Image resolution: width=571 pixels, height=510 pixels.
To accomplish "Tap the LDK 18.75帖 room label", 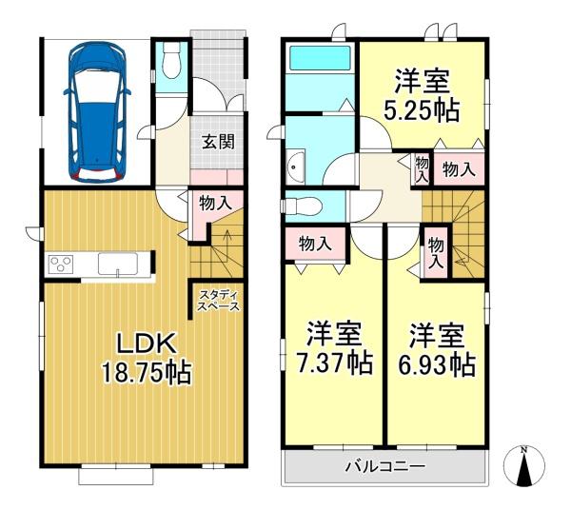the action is (147, 359).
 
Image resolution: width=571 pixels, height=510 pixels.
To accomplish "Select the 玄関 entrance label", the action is (218, 142).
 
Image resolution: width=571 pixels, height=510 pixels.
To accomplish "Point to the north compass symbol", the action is (524, 466).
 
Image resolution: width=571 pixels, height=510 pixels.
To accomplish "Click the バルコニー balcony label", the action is (384, 466).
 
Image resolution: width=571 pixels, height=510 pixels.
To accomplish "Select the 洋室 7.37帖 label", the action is (334, 348).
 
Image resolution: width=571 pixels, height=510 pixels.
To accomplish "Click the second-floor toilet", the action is (302, 207).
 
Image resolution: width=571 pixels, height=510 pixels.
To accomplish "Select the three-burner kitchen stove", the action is (61, 265).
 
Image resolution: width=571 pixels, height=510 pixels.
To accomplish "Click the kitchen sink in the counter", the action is (118, 265).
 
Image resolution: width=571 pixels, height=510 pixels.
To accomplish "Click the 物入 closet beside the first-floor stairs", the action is (216, 204).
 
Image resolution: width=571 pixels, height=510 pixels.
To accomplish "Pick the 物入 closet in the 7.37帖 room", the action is (315, 244).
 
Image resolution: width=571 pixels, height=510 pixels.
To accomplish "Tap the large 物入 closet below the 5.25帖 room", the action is (459, 169).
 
